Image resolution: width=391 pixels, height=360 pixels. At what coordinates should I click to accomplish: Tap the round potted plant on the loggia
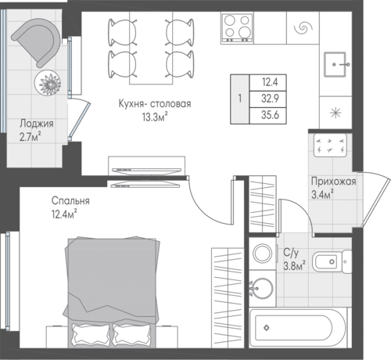48,84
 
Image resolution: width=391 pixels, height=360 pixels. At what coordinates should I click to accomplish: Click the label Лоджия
37,124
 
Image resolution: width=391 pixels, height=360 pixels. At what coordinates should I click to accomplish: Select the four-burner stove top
237,27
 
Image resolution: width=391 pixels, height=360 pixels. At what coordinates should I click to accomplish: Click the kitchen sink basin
335,64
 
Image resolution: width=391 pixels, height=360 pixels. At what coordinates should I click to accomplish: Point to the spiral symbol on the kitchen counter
303,27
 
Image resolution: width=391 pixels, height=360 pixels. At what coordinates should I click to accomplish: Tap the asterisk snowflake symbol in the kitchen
335,113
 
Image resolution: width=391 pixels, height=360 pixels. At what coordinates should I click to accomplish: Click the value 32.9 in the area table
270,99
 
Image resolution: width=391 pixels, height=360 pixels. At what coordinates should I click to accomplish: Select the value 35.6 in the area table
270,115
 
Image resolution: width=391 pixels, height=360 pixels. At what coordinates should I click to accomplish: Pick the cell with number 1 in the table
239,99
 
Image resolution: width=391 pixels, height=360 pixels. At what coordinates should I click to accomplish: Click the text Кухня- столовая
155,104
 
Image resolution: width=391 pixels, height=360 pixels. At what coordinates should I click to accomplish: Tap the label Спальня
70,201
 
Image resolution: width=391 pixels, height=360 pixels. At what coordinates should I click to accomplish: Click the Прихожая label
334,182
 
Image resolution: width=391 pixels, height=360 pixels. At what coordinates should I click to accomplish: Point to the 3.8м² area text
295,266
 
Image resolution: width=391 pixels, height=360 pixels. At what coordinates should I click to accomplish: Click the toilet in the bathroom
332,261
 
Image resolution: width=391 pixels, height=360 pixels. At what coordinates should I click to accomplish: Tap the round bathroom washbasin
263,289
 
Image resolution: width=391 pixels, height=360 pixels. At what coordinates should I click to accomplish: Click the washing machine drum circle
262,253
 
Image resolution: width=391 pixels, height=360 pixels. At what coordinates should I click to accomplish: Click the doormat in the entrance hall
330,146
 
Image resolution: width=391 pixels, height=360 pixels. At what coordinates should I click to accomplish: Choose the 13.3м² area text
154,117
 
